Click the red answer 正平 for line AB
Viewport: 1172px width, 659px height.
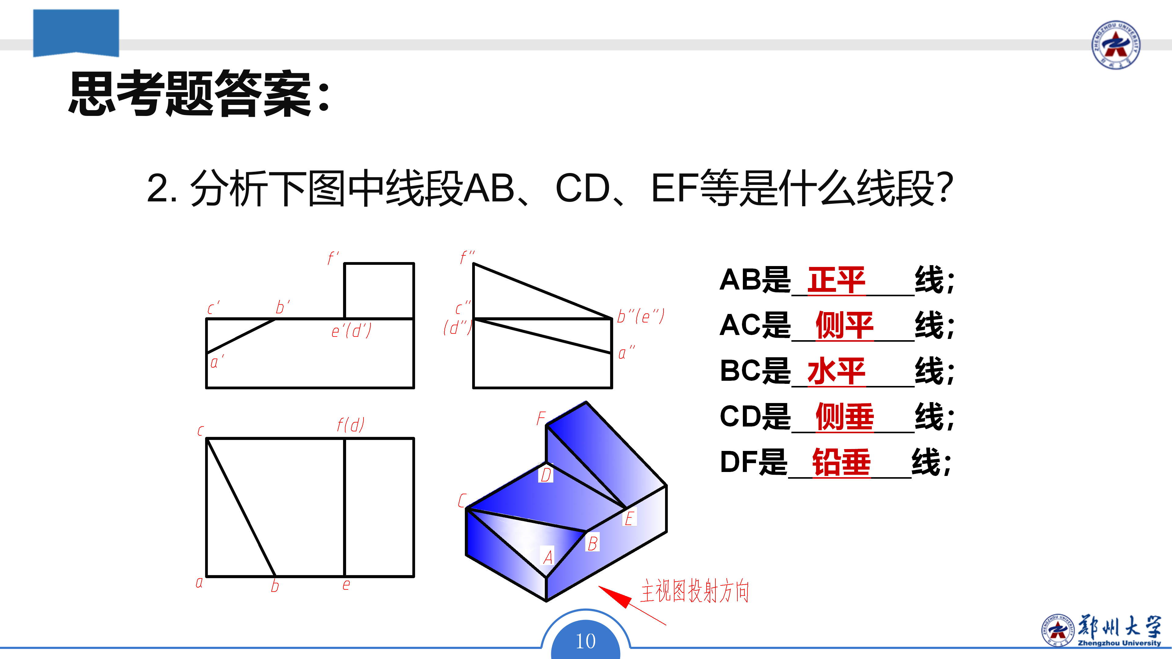click(836, 280)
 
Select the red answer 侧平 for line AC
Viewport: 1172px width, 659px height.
click(845, 325)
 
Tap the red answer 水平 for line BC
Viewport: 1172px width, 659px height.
click(836, 371)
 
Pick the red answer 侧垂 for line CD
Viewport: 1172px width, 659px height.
click(845, 416)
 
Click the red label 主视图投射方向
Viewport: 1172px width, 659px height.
click(694, 591)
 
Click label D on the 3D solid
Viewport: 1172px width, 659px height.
click(545, 474)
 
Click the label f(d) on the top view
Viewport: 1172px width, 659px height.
click(350, 425)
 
